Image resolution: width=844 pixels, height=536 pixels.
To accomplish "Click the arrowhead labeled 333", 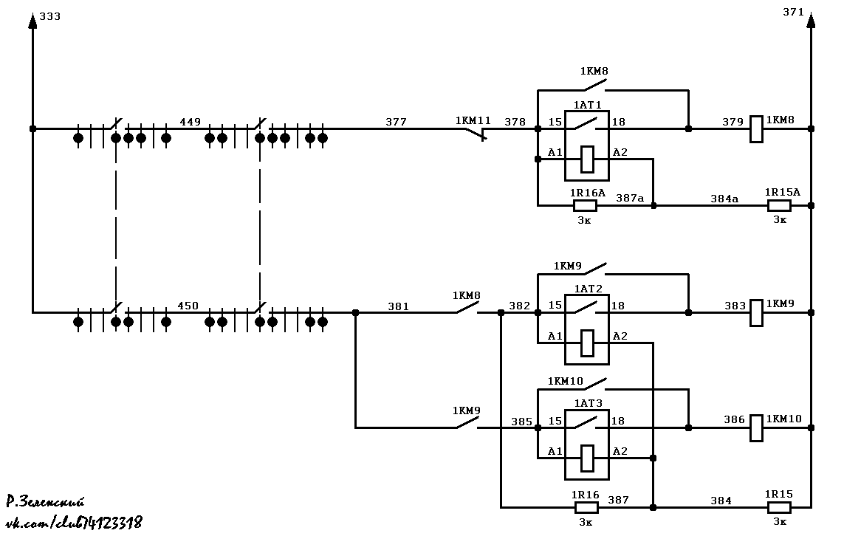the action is coord(32,21).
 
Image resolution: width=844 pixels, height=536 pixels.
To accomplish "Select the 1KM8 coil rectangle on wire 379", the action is coord(756,129).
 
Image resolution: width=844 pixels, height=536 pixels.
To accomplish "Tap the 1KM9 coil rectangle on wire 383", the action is coord(756,313).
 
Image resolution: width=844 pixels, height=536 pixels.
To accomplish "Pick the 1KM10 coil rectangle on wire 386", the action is coord(756,427).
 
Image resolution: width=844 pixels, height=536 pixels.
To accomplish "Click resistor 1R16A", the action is coord(585,205).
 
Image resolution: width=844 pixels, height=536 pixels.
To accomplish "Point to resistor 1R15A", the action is coord(779,205).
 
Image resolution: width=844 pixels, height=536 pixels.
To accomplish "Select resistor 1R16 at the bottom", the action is coord(586,507).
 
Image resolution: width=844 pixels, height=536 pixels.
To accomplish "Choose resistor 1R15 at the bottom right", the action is coord(779,507).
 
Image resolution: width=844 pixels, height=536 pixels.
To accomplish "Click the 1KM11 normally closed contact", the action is coord(476,134).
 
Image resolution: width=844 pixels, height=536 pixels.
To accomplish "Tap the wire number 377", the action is coord(397,122).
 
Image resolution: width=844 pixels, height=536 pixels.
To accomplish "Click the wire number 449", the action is coord(190,122).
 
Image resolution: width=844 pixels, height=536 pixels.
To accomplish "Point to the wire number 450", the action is coord(188,306).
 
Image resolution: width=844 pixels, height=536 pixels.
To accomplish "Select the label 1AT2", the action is coord(589,289).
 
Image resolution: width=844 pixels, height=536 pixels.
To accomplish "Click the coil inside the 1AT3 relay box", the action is coord(587,458).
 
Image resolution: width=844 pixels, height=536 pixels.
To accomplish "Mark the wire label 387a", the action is coord(630,198).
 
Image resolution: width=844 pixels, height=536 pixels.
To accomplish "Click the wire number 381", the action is coord(398,306).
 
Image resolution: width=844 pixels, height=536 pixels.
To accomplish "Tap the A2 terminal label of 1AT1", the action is coord(620,152).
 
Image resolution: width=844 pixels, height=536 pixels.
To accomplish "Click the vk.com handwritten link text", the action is coord(74,522).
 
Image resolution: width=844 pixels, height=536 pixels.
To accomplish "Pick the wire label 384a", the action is coord(724,199).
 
